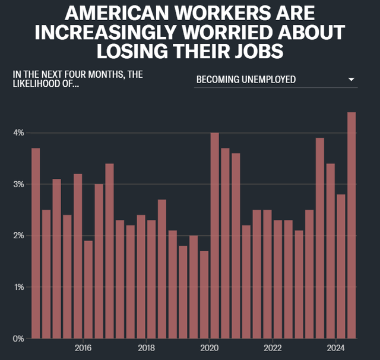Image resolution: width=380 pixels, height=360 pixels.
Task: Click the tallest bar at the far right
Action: [351, 226]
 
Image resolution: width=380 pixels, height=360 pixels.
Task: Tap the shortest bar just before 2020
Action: [204, 295]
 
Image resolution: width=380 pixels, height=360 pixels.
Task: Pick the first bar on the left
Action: [36, 244]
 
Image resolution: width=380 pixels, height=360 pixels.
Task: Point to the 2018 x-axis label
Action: [146, 348]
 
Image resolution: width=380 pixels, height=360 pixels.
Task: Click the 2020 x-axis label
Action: [210, 348]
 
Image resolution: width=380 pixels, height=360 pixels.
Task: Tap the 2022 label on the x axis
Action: [273, 348]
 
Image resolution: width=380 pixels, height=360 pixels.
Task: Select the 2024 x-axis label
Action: [336, 348]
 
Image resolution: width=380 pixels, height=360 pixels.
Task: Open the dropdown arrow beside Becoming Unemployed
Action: [351, 80]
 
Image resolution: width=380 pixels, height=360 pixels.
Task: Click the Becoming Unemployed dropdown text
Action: [246, 80]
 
